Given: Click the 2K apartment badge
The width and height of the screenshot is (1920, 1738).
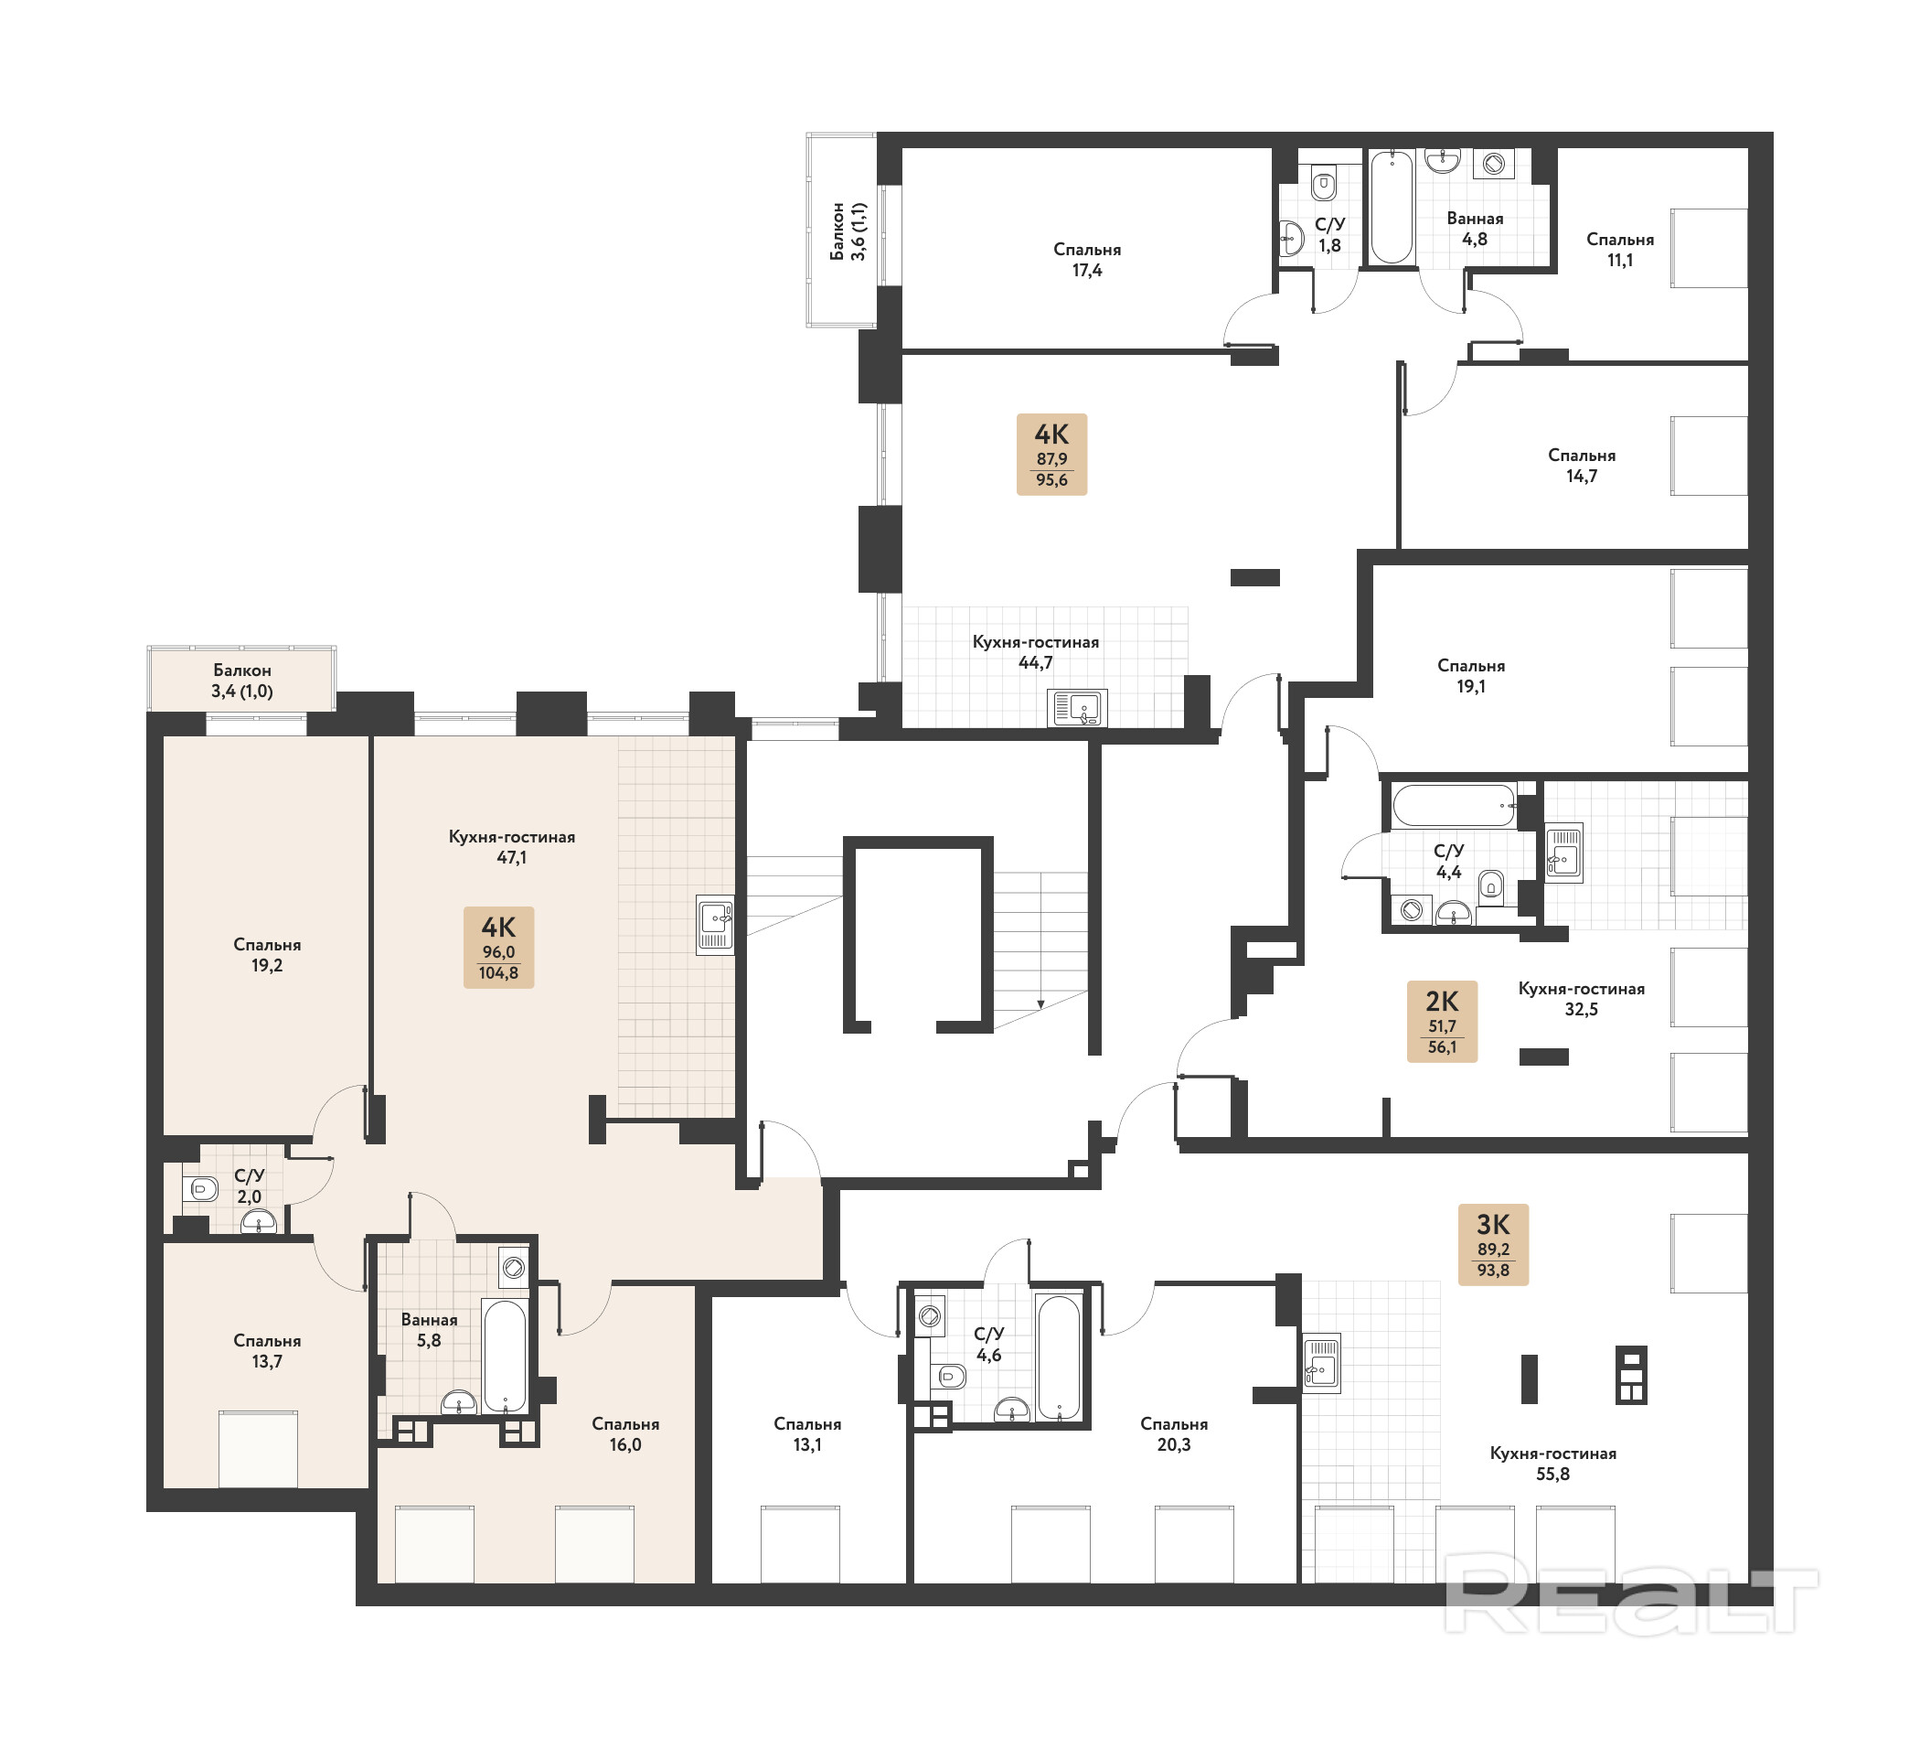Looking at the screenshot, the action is (x=1442, y=1022).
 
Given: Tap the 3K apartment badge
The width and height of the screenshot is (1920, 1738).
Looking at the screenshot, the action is (x=1493, y=1244).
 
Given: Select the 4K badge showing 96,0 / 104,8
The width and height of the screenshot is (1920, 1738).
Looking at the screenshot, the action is (x=498, y=947).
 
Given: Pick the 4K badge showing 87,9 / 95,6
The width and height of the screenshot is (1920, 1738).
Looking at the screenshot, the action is (x=1051, y=454).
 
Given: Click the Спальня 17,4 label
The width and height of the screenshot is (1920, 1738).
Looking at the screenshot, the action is (x=1087, y=259).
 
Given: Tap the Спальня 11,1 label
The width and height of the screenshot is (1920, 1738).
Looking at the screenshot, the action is (x=1620, y=250).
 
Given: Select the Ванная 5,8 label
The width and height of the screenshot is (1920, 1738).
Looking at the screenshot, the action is (x=429, y=1329).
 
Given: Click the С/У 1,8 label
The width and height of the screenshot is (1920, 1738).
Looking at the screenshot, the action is (x=1329, y=234).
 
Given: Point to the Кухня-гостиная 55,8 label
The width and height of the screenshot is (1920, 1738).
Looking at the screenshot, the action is (x=1553, y=1463).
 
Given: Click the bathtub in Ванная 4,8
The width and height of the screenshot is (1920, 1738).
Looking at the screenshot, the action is (x=1392, y=207).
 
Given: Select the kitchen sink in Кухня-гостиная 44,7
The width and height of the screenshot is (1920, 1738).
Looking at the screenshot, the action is (x=1077, y=708).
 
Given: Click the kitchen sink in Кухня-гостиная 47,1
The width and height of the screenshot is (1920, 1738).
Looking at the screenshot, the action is (x=714, y=924).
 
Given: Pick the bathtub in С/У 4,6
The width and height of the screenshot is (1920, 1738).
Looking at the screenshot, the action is (x=1058, y=1357).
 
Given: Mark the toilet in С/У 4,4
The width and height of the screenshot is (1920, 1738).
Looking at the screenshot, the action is (x=1492, y=887).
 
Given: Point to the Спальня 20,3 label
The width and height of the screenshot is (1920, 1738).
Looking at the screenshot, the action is (x=1173, y=1433).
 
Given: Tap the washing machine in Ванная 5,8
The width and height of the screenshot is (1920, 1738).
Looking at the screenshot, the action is (x=513, y=1267).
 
